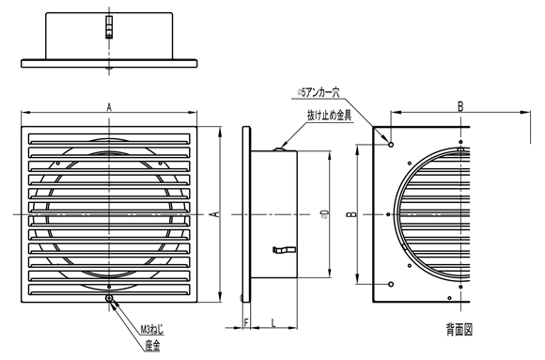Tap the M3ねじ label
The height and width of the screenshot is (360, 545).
pos(153,329)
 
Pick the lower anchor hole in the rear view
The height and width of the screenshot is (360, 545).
pos(391,284)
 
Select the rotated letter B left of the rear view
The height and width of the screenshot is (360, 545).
pos(350,215)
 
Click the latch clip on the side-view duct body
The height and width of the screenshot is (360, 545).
pos(282,249)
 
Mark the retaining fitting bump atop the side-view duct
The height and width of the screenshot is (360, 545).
pos(283,147)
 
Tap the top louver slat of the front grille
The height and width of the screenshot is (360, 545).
pos(110,130)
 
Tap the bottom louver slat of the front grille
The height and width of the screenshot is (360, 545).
pos(110,288)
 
